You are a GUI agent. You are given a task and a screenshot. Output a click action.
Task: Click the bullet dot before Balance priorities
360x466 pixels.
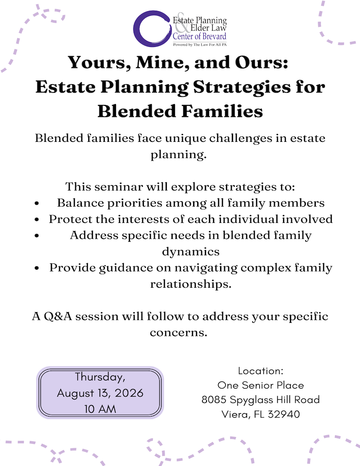pos(38,203)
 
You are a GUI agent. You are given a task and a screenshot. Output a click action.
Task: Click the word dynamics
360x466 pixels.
pos(191,251)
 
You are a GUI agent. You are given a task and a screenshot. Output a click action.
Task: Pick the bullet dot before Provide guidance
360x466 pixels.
pos(38,268)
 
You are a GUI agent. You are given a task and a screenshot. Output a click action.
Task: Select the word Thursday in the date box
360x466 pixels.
pos(100,376)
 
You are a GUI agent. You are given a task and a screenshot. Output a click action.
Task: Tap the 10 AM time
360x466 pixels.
pos(100,409)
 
